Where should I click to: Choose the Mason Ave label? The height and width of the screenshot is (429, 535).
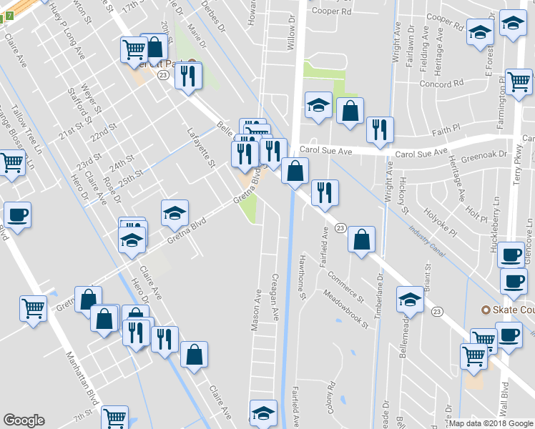pos(255,310)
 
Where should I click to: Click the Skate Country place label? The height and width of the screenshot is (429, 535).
pos(509,310)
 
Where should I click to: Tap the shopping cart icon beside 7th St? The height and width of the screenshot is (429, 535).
pos(114,416)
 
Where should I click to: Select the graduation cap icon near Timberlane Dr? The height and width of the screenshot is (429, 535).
pos(411,300)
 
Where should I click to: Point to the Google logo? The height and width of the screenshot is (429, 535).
pos(24,420)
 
